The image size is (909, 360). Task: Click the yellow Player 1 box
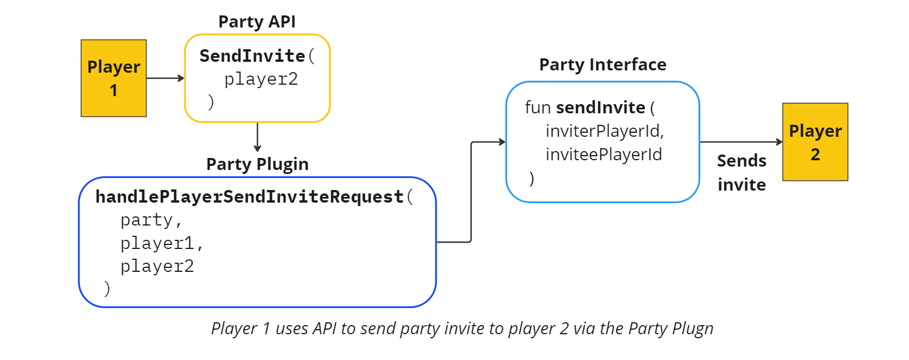pos(113,78)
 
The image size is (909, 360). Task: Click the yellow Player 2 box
pos(815,142)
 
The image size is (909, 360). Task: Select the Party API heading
pos(257,22)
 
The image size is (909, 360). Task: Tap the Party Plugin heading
pos(257,164)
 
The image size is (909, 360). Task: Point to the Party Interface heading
pos(602,65)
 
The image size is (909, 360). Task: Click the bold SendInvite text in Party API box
pos(252,56)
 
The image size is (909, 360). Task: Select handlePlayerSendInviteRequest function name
pos(249,197)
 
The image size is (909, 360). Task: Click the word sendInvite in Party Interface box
pos(600,108)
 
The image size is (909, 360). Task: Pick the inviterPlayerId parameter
pos(604,131)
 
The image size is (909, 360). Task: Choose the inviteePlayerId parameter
pos(604,155)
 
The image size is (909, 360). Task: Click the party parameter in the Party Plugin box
pos(146,220)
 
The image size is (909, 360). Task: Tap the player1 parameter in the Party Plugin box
pos(157,244)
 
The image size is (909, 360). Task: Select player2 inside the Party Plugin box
pos(157,267)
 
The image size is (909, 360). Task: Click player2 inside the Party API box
pos(261,80)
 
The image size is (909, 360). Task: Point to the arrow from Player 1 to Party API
pos(165,78)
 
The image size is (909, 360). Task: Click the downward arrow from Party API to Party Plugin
pos(257,137)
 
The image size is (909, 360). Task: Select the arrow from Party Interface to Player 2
pos(741,142)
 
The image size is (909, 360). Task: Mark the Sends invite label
pos(741,173)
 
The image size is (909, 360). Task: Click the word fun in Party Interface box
pos(538,108)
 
